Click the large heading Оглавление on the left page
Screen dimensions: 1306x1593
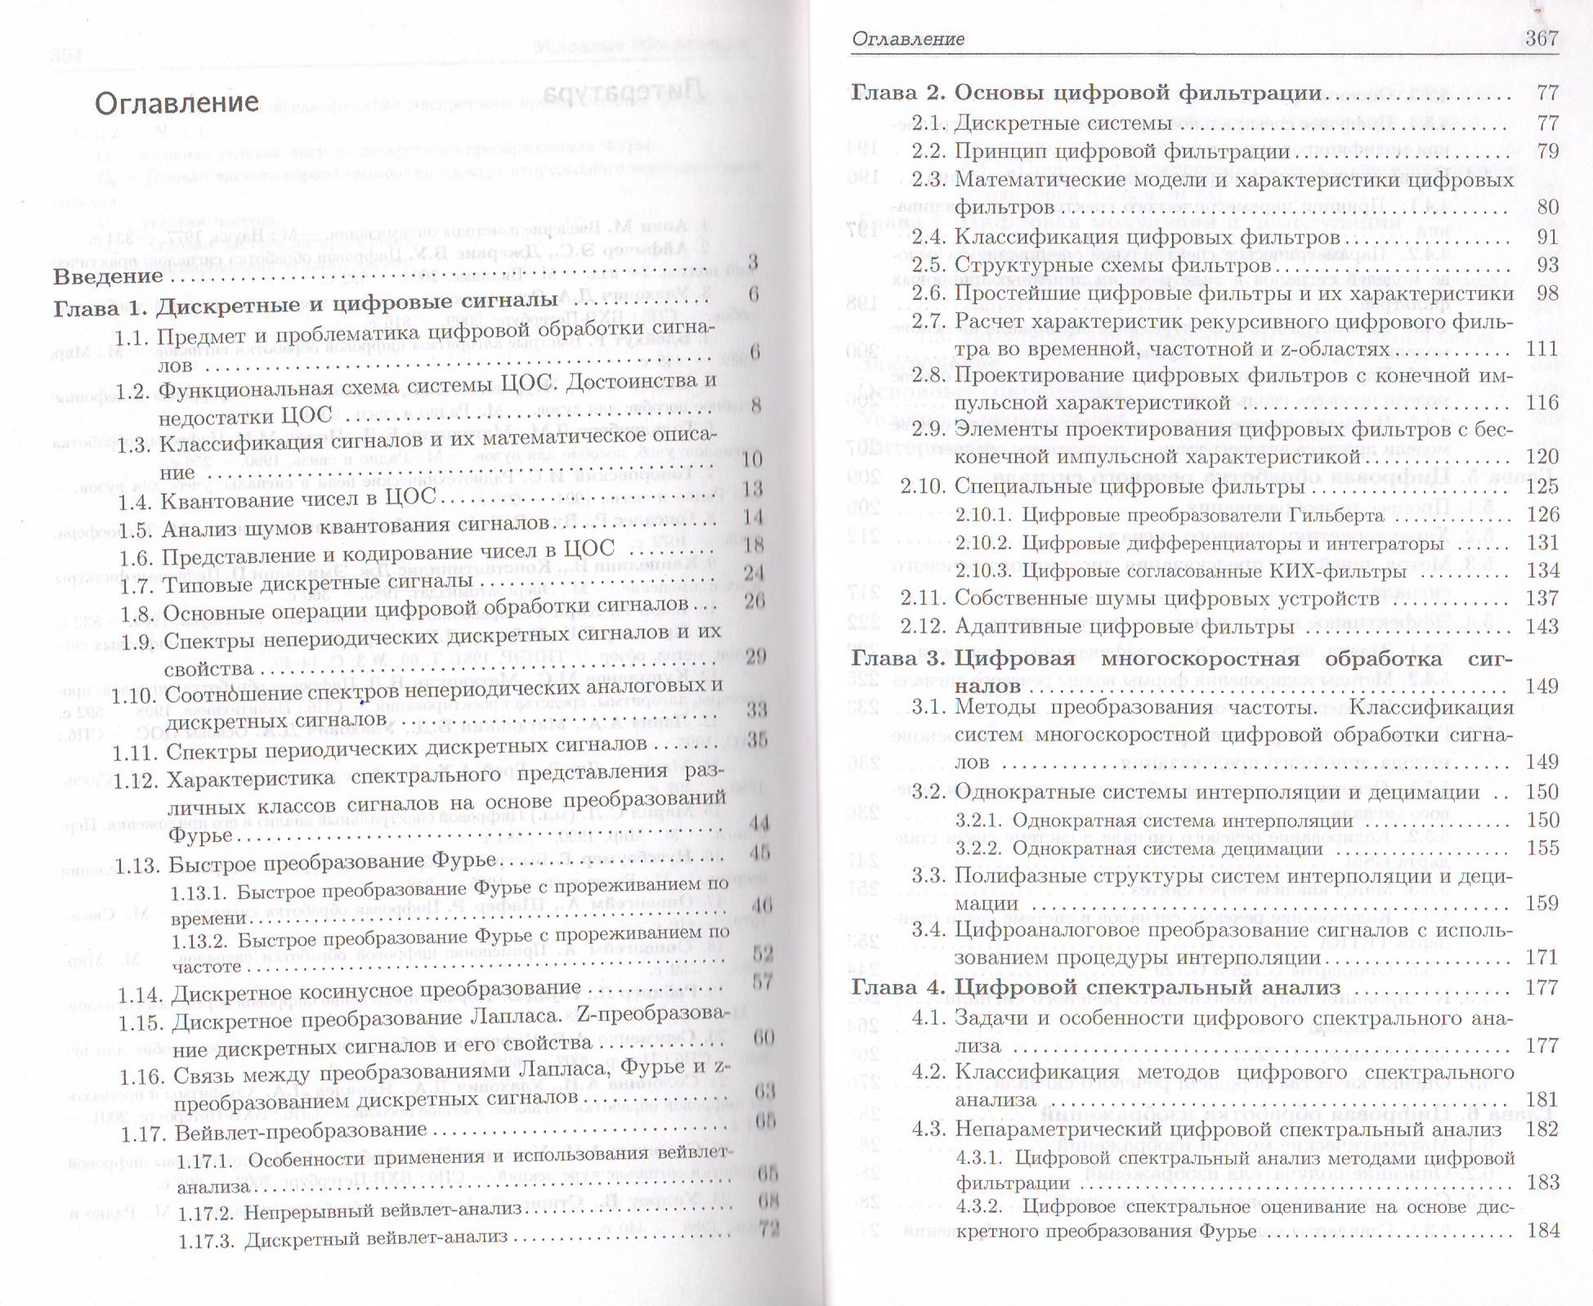pyautogui.click(x=177, y=103)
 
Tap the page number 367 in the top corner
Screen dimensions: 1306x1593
pyautogui.click(x=1542, y=38)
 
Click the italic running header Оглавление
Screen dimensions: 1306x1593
pyautogui.click(x=908, y=38)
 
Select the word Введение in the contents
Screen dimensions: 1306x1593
pyautogui.click(x=108, y=276)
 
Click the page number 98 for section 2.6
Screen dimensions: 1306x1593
pyautogui.click(x=1547, y=293)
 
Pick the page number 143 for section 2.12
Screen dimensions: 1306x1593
pyautogui.click(x=1542, y=626)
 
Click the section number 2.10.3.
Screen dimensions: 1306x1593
pyautogui.click(x=984, y=570)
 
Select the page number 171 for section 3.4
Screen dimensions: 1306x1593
pyautogui.click(x=1542, y=957)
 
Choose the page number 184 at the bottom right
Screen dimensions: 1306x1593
pyautogui.click(x=1542, y=1230)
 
